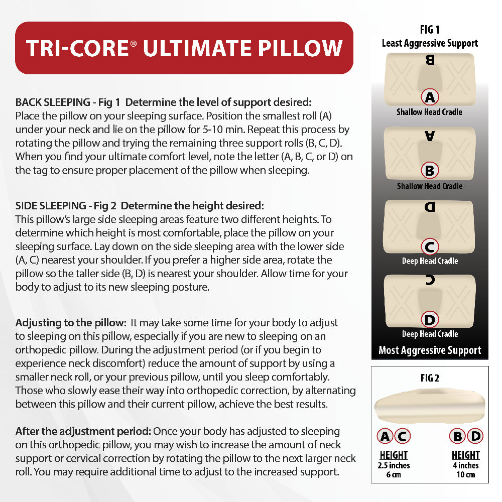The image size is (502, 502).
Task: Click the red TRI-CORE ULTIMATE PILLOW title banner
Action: click(x=184, y=48)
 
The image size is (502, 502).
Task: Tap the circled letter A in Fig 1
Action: click(x=430, y=96)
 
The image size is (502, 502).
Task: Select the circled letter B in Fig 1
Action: click(x=430, y=171)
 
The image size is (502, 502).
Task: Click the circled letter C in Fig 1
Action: click(x=430, y=246)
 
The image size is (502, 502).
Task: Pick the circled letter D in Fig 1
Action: click(x=430, y=319)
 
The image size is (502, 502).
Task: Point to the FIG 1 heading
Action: click(x=430, y=30)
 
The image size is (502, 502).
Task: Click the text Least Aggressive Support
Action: click(x=430, y=43)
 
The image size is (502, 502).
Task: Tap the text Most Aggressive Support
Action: click(x=430, y=350)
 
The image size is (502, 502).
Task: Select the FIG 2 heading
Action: click(x=430, y=378)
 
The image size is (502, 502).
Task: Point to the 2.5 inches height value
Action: click(x=394, y=465)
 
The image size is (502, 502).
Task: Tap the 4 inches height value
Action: click(x=465, y=465)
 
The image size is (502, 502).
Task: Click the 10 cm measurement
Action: click(x=465, y=474)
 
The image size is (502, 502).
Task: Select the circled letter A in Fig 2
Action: click(x=385, y=436)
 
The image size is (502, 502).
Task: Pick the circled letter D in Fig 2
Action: click(x=475, y=436)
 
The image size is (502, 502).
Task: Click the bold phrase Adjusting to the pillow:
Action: click(x=71, y=322)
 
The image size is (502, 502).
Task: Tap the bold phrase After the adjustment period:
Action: click(x=83, y=431)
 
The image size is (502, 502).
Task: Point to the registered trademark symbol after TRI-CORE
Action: click(x=133, y=44)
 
